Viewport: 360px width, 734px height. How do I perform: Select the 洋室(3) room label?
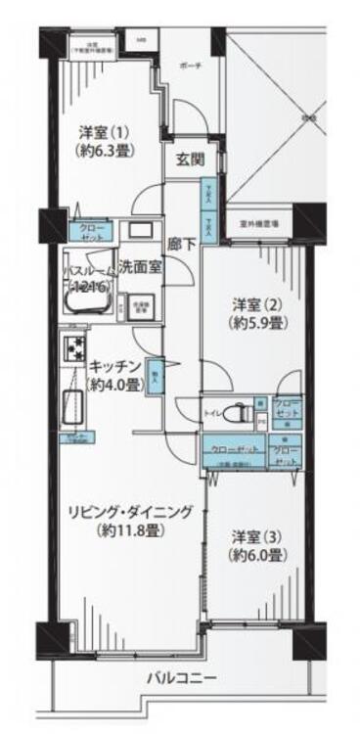(255, 536)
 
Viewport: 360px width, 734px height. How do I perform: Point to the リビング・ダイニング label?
(130, 512)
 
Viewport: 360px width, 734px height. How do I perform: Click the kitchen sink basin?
(73, 403)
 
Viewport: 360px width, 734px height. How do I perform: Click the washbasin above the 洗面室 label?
(140, 231)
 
